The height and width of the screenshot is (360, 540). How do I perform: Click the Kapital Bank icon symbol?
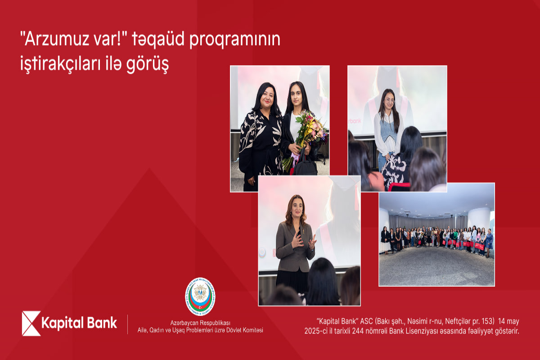(31, 323)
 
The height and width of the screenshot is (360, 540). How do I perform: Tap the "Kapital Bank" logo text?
(79, 323)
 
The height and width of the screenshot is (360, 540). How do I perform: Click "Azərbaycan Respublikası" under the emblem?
(200, 324)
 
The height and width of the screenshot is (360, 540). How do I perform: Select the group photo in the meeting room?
(436, 234)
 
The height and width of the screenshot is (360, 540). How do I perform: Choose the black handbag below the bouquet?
(306, 166)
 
